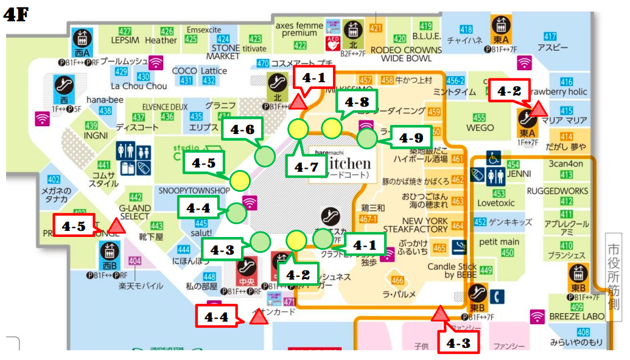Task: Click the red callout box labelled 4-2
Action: point(509,91)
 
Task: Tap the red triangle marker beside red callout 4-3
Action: point(439,315)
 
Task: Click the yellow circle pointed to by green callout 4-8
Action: point(331,128)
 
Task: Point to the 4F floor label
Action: point(17,15)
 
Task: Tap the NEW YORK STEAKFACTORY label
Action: point(424,225)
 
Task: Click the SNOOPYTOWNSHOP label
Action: point(194,190)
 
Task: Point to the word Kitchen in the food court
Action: point(348,163)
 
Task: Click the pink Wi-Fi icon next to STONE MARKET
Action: point(156,62)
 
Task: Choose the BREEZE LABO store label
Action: point(576,316)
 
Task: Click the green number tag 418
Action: point(466,30)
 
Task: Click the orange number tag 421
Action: point(376,28)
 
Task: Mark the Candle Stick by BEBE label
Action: point(452,271)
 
